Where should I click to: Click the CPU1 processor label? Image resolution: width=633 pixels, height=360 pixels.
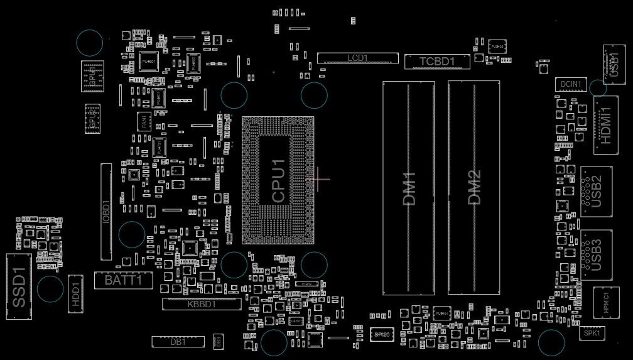coord(278,180)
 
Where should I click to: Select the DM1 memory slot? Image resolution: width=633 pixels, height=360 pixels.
coord(409,188)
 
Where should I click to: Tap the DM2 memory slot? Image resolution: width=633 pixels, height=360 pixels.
coord(474,188)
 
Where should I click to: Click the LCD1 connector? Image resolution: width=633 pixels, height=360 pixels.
coord(357,58)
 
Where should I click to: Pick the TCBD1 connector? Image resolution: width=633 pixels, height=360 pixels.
coord(436,62)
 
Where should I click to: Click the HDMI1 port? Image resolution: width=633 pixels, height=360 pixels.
coord(606,125)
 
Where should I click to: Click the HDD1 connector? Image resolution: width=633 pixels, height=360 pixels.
coord(76,293)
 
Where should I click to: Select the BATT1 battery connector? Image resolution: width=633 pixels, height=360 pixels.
coord(123,280)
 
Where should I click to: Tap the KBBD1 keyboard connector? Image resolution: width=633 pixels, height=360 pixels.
coord(202,304)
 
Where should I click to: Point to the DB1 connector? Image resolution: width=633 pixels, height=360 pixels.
coord(178,342)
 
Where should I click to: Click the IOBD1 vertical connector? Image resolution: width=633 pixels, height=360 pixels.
coord(106,212)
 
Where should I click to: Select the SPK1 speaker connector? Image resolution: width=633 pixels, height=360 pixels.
coord(592,334)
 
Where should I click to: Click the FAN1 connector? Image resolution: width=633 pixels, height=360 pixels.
coord(144,122)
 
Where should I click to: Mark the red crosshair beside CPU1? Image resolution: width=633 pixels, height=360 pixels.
coord(319,178)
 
